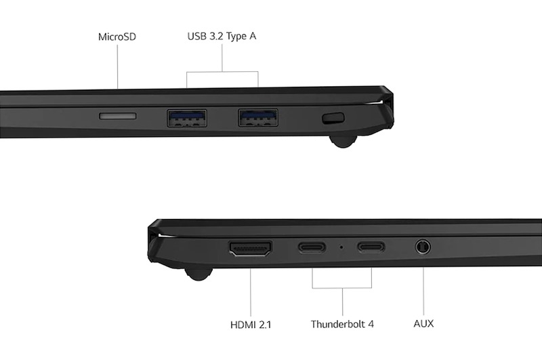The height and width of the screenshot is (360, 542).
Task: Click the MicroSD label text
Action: click(x=117, y=37)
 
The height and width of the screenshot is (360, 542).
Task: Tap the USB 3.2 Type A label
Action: click(x=222, y=37)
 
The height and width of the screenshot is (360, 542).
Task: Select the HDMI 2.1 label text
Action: click(x=251, y=325)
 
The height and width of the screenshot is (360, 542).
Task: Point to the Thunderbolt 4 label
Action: click(x=342, y=324)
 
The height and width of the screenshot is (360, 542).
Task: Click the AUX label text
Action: click(x=423, y=323)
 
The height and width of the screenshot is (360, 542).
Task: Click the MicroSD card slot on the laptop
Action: click(x=117, y=116)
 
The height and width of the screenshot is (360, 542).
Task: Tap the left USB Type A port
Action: click(x=187, y=118)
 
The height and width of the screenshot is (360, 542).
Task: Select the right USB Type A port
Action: click(x=257, y=117)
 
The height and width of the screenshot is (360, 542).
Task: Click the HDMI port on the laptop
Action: click(x=251, y=249)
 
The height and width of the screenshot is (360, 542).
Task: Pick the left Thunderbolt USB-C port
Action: click(x=312, y=247)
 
